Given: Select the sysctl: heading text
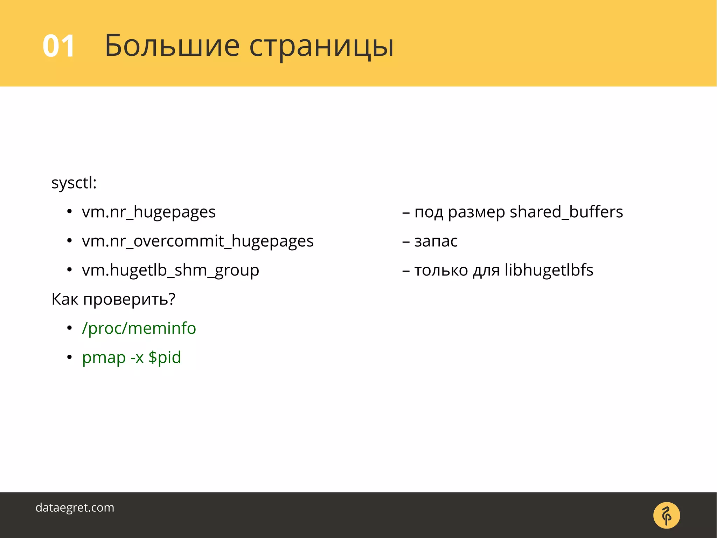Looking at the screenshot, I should coord(74,183).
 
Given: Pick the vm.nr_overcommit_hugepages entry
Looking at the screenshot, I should coord(197,241).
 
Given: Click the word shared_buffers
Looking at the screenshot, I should coord(566,212).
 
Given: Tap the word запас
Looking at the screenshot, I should coord(436,241).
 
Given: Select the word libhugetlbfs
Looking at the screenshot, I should coord(549,270).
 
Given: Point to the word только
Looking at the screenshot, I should coord(441,270).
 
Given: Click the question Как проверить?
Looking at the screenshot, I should coord(113,300).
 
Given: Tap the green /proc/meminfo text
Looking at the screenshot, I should coord(139,328).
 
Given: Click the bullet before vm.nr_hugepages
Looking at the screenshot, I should coord(69,212).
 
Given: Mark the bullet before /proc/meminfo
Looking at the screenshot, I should coord(69,328).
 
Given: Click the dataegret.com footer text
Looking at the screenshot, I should coord(75,508).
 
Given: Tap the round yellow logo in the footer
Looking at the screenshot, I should coord(666,515).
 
